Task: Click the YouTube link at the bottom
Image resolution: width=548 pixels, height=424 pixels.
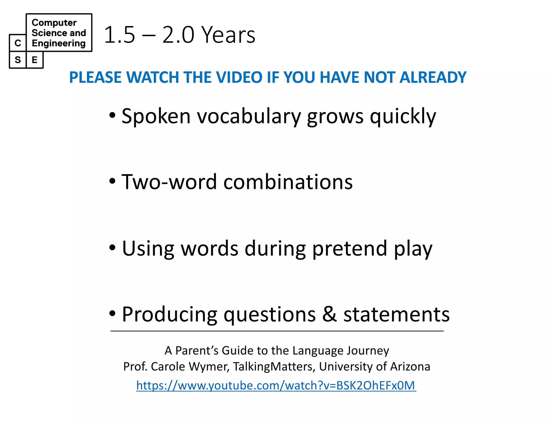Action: pos(276,385)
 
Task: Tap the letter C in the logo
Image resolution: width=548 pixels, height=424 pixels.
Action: pos(18,43)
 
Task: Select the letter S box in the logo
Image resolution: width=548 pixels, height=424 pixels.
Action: pos(18,60)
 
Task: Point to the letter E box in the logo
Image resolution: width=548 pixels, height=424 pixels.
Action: pos(35,60)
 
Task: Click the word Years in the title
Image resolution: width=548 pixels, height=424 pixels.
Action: pos(228,35)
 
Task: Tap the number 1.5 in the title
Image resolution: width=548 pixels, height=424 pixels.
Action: pos(120,35)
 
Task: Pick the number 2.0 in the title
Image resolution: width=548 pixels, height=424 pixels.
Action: pos(178,35)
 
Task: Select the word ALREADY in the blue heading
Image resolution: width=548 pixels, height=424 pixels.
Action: pos(433,77)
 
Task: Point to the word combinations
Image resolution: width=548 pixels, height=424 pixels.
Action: pos(288,182)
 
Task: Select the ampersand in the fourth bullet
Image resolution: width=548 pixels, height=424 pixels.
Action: pos(329,314)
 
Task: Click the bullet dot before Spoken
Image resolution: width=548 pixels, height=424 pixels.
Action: pos(112,116)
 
